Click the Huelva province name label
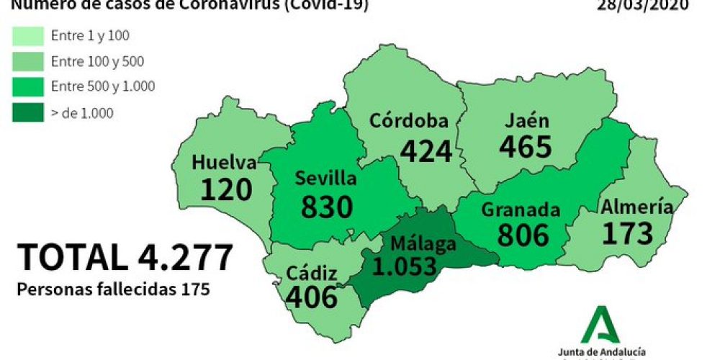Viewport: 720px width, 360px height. click(x=224, y=163)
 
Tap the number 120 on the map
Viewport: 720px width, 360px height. click(x=226, y=189)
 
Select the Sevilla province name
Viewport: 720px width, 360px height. click(x=326, y=178)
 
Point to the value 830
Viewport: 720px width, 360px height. click(x=327, y=206)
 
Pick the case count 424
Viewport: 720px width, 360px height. click(x=426, y=150)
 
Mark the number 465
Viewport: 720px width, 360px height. click(x=526, y=146)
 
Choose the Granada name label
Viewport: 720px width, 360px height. click(x=520, y=210)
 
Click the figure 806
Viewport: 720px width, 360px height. click(x=523, y=235)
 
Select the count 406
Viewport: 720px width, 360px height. click(x=311, y=296)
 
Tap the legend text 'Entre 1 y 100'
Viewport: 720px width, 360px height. click(x=91, y=35)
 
